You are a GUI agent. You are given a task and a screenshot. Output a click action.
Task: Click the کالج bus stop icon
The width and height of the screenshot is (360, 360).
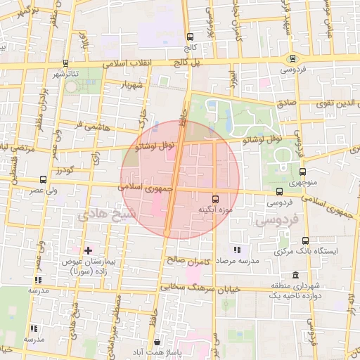click(x=189, y=37)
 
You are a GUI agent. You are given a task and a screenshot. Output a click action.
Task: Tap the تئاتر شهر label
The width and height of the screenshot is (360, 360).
click(x=74, y=73)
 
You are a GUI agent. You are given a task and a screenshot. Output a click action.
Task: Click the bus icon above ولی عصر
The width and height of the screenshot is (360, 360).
click(x=44, y=179)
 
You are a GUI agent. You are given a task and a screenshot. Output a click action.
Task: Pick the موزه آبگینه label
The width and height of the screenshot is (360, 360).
click(x=215, y=209)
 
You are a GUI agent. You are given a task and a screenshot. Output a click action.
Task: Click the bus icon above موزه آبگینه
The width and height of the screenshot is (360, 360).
click(x=215, y=198)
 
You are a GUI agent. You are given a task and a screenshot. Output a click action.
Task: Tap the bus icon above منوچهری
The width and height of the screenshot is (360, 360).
click(x=303, y=171)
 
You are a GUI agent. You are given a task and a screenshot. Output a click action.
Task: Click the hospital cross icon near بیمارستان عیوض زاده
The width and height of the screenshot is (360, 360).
click(x=88, y=250)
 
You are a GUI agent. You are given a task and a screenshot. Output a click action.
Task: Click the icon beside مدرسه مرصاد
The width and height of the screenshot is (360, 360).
click(x=237, y=250)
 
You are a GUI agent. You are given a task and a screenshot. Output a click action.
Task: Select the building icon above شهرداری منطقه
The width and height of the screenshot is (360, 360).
click(x=294, y=275)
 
